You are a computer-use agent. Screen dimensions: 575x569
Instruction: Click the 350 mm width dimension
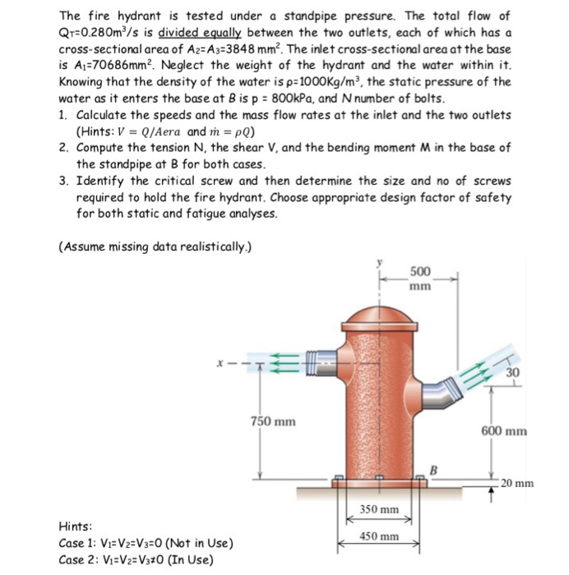pos(379,510)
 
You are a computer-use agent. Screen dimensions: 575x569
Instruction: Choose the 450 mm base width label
pos(379,536)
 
